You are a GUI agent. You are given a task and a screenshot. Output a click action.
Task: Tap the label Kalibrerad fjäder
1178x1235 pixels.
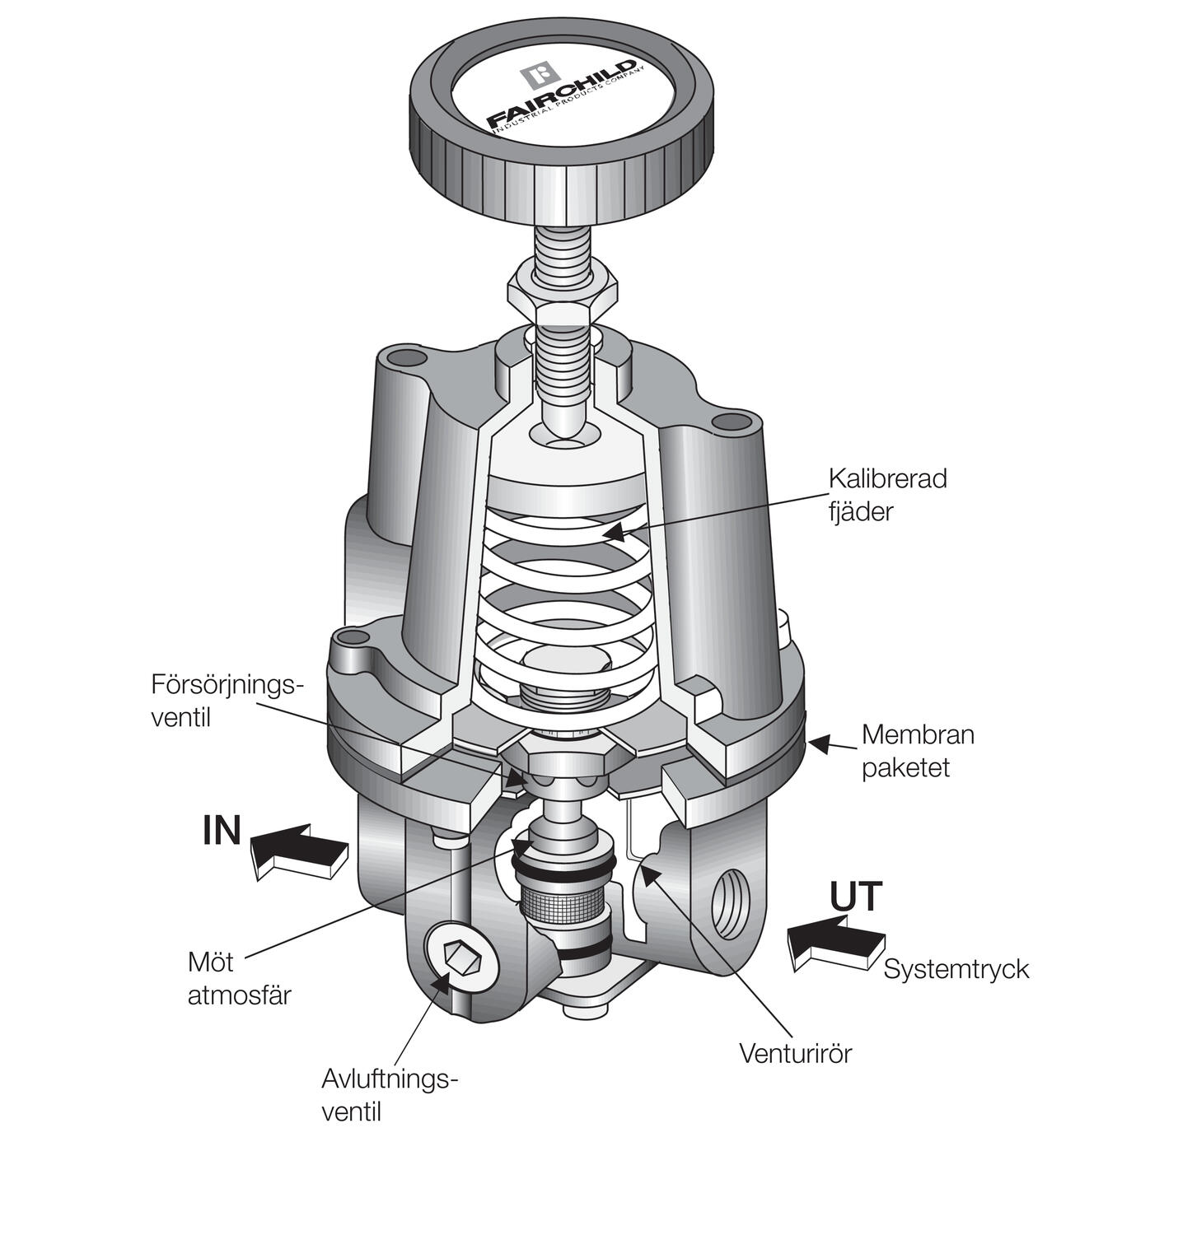[886, 495]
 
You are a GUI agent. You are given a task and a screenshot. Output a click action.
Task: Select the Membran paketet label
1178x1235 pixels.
[917, 750]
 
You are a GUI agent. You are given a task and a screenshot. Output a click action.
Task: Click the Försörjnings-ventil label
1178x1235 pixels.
[227, 700]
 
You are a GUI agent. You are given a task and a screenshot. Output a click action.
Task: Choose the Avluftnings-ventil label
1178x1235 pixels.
[388, 1095]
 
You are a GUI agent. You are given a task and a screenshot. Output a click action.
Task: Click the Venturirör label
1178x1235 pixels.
[794, 1053]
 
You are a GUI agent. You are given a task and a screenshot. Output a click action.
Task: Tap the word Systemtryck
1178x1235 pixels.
[956, 969]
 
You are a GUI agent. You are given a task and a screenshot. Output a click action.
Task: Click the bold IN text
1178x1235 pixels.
[222, 831]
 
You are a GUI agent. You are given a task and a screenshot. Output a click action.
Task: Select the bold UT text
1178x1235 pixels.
[856, 897]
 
